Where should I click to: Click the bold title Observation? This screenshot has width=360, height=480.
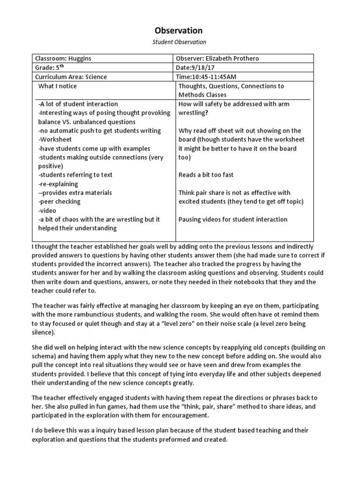(179, 30)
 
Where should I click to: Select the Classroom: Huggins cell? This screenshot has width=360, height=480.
(62, 59)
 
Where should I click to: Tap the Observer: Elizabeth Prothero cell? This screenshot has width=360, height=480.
(217, 59)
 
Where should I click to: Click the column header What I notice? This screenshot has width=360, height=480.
(57, 86)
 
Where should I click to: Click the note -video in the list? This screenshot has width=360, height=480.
(47, 210)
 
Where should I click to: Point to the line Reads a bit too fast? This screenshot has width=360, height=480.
(206, 175)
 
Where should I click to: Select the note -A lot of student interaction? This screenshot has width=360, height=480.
(78, 104)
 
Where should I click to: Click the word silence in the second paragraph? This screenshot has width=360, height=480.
(42, 333)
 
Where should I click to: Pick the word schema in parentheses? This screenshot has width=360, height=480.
(43, 356)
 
